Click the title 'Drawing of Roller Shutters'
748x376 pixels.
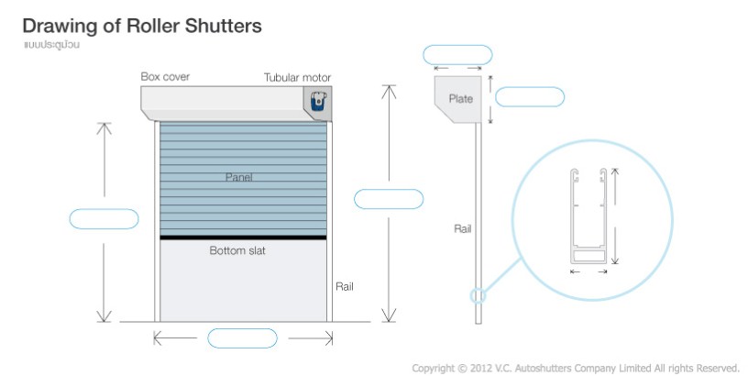tap(142, 27)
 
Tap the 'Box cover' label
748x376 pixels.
tap(165, 77)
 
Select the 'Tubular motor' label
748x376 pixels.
tap(297, 78)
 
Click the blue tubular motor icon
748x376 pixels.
tap(319, 101)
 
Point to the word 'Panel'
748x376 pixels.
tap(238, 177)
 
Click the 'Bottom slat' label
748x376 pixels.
tap(237, 250)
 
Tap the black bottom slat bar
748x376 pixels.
tap(243, 238)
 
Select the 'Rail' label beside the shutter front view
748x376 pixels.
tap(345, 286)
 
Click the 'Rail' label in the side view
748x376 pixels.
tap(462, 228)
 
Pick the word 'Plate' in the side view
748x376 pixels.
tap(460, 99)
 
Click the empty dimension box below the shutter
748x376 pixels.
tap(242, 338)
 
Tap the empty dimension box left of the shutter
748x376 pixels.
tap(104, 219)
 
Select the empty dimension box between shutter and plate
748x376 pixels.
tap(389, 199)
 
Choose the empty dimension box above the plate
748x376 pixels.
tap(457, 55)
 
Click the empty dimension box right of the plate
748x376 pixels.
tap(530, 97)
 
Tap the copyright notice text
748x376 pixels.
tap(576, 369)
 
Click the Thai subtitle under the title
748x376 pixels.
tap(51, 45)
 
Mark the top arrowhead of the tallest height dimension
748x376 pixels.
tap(389, 86)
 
